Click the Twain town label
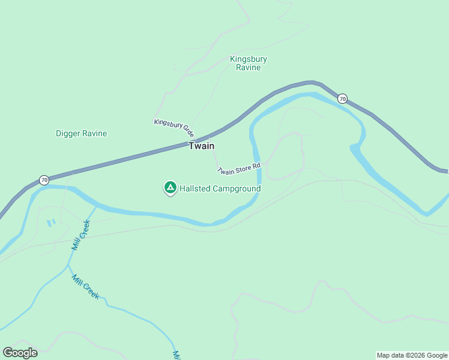point(202,146)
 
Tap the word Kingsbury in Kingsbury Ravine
point(248,59)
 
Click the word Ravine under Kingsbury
point(248,68)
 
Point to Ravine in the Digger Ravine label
point(95,133)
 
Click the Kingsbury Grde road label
point(174,127)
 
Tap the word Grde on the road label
point(187,131)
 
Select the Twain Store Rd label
point(240,169)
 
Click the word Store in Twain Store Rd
point(243,169)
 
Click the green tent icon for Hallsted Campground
point(170,188)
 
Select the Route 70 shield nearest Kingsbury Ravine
point(342,98)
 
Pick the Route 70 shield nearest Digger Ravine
point(44,180)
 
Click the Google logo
point(20,353)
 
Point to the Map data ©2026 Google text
point(412,355)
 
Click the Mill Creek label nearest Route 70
point(80,235)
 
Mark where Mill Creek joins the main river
point(96,206)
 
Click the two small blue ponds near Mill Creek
point(50,223)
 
